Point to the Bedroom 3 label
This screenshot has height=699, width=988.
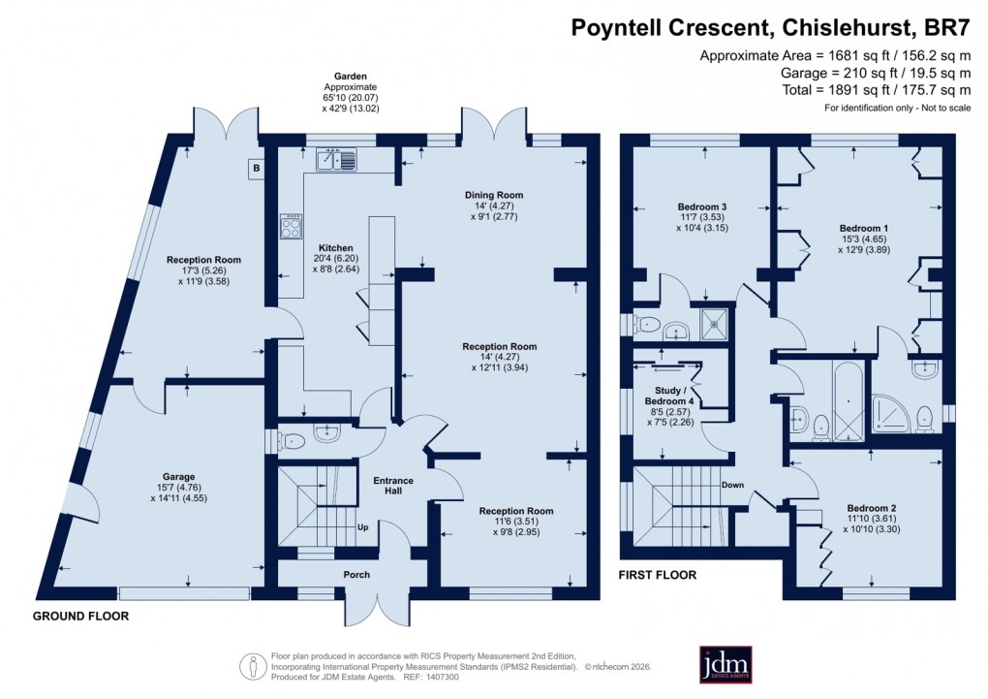(x=701, y=207)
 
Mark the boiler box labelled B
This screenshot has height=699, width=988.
(x=257, y=169)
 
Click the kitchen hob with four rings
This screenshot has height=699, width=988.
(x=291, y=226)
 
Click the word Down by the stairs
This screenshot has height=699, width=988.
(x=732, y=485)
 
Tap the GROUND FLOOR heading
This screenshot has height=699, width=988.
(x=80, y=617)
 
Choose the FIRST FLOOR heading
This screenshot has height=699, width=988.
(x=658, y=575)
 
